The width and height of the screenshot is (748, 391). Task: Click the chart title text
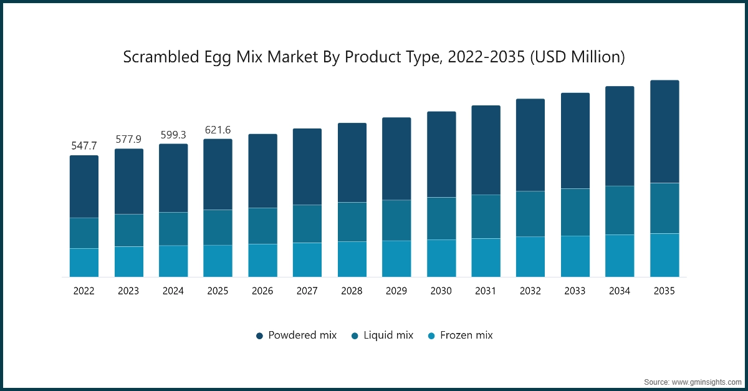point(373,57)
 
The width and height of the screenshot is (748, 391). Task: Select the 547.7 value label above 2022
point(84,145)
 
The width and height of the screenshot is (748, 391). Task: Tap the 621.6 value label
point(218,130)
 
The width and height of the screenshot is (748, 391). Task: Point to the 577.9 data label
point(128,138)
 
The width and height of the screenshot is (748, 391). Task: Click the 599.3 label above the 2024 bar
point(173,134)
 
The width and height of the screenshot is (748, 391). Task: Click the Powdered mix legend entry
point(297,335)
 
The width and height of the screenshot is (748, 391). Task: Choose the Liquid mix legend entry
point(383,335)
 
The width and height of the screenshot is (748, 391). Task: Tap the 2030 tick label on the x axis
point(441,291)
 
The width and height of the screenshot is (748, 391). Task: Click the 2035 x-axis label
point(664,291)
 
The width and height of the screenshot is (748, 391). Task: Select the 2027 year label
point(307,291)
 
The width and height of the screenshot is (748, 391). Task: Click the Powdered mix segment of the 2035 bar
point(664,132)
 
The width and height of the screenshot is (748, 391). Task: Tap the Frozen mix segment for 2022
point(84,263)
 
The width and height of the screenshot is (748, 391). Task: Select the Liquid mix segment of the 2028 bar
point(352,221)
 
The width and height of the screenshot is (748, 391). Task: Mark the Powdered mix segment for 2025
point(218,174)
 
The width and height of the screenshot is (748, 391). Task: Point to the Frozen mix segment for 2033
point(575,256)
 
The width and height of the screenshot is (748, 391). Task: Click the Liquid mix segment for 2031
point(486,216)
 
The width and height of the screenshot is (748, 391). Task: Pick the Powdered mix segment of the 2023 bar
point(128,181)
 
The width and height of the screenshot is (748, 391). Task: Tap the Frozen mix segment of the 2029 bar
point(396,259)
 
